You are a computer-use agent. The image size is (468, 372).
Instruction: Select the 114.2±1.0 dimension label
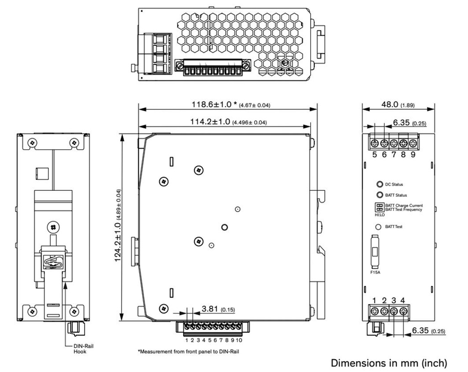pyautogui.click(x=208, y=122)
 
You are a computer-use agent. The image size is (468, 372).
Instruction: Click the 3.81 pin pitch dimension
pyautogui.click(x=210, y=309)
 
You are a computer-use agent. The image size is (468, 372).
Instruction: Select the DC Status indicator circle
pyautogui.click(x=379, y=184)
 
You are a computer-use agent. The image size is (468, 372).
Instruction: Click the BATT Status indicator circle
pyautogui.click(x=379, y=195)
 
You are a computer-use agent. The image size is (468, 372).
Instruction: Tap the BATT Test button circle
pyautogui.click(x=379, y=227)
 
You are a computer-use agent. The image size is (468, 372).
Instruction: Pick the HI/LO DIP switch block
pyautogui.click(x=379, y=207)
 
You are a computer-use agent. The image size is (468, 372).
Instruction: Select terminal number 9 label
pyautogui.click(x=413, y=155)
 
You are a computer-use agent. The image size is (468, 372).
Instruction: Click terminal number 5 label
pyautogui.click(x=374, y=155)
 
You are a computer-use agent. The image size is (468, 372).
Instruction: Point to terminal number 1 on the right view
pyautogui.click(x=374, y=301)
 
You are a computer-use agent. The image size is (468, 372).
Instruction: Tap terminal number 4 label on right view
pyautogui.click(x=403, y=301)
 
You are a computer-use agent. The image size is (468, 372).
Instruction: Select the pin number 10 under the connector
pyautogui.click(x=239, y=340)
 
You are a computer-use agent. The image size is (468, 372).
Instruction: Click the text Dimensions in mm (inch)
pyautogui.click(x=388, y=363)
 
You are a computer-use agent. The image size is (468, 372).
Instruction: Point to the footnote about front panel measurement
pyautogui.click(x=188, y=351)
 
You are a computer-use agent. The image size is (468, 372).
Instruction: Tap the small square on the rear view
pyautogui.click(x=42, y=173)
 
